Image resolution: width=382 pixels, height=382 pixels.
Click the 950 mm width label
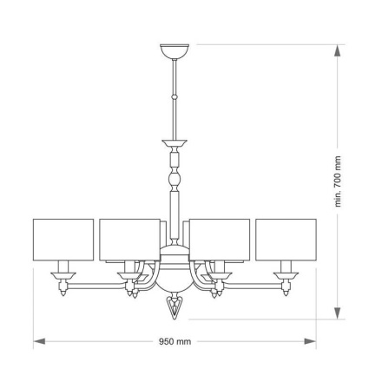point(175,342)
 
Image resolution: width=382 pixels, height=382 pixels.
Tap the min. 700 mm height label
point(338,182)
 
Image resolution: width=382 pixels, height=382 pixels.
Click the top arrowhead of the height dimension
point(338,49)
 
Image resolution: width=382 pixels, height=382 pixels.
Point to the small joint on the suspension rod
point(175,95)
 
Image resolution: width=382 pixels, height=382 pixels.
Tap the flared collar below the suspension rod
point(175,143)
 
